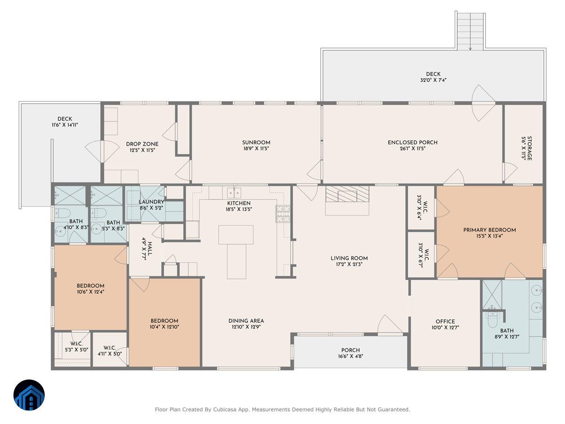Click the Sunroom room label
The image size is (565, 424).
coord(256,143)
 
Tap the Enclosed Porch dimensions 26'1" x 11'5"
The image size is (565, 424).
coord(412,148)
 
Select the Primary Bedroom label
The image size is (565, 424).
coord(490,230)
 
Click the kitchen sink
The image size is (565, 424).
coord(234,192)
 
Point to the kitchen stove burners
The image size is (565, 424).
coord(283,214)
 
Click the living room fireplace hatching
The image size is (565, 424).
coord(347,194)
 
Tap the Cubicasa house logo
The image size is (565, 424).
coord(29,395)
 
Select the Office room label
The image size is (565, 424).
coord(445,322)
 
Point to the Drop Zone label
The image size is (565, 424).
coord(142,144)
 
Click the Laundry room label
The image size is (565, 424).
coord(151,202)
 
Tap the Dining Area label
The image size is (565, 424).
coord(246,321)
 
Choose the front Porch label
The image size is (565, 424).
coord(351,351)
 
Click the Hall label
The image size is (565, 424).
coord(150,249)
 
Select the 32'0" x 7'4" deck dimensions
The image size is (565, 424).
coord(433,80)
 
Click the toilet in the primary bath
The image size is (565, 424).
coord(492,320)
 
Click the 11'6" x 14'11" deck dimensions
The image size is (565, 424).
coord(65,125)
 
